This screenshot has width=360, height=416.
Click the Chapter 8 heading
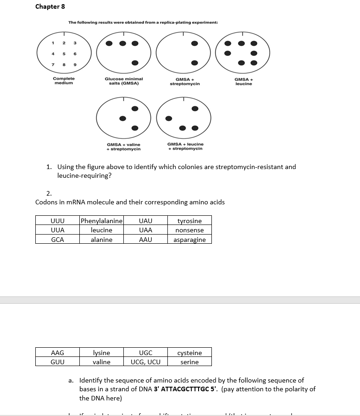47,7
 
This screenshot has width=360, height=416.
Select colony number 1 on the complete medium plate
53,44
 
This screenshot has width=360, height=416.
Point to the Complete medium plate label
64,81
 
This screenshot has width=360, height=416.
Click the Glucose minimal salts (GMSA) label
124,81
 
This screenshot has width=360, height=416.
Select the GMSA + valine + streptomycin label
123,147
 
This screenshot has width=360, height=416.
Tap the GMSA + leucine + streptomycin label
185,146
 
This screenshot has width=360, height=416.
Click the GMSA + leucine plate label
244,81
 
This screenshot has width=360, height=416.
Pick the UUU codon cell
57,221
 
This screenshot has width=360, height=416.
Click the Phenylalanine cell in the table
101,221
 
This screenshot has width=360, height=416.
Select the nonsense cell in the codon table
189,230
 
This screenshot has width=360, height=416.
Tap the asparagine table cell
189,240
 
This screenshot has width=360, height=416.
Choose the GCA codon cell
57,240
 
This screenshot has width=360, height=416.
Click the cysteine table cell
189,353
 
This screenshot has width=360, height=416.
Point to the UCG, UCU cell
145,362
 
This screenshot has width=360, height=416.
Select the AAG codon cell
57,353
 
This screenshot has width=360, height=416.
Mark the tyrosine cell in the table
189,221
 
